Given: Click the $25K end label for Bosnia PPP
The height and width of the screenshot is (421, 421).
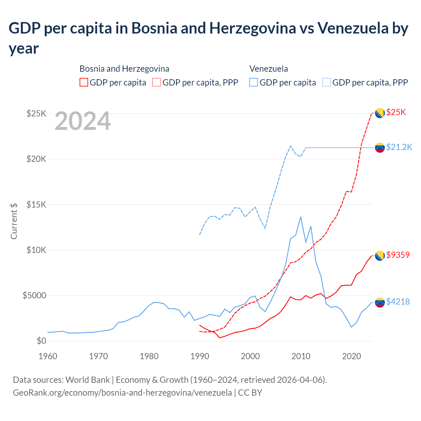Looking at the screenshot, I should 396,112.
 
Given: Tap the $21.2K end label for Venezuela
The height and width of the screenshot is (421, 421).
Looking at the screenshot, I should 399,147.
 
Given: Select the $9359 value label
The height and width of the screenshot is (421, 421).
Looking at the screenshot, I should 398,255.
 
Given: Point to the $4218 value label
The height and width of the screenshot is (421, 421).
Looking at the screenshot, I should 398,302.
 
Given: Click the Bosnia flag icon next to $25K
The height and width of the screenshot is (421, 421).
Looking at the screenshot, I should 380,113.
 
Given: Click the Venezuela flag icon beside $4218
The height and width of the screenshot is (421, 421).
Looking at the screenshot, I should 380,302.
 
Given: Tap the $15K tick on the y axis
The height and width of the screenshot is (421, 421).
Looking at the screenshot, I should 37,205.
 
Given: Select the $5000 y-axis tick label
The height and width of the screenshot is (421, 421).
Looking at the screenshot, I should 35,295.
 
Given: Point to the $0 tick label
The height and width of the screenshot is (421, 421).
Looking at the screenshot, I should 41,341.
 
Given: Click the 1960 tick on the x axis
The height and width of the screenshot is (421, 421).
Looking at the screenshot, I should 48,356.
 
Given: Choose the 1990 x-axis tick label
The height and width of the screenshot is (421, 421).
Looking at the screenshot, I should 200,356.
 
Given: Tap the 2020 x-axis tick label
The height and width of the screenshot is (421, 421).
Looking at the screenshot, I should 352,356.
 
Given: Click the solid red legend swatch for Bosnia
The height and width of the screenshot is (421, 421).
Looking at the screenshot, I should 84,83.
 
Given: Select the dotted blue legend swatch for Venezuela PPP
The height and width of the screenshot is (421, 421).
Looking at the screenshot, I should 327,83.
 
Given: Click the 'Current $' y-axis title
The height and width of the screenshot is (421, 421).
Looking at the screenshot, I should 14,221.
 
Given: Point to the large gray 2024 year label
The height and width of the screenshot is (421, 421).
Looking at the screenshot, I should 83,121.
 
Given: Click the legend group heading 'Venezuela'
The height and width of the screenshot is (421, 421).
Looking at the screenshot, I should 269,69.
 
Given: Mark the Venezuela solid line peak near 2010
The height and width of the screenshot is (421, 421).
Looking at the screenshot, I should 301,217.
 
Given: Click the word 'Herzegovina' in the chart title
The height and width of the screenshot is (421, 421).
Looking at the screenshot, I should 253,28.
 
